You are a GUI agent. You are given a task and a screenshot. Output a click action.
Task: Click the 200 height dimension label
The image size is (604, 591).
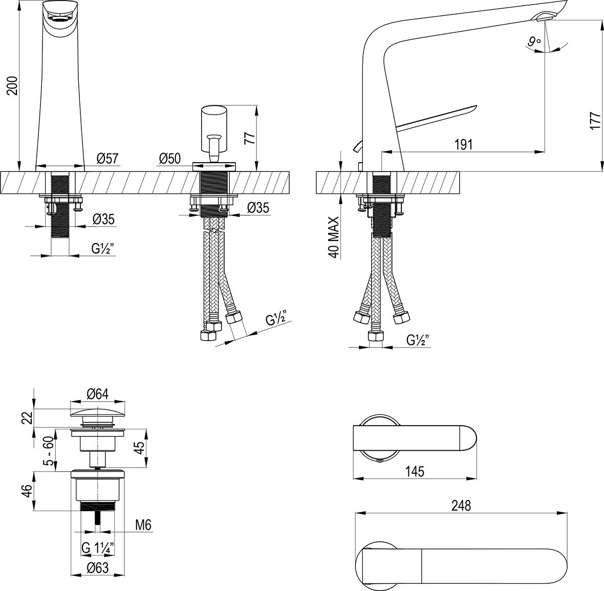pyautogui.click(x=12, y=85)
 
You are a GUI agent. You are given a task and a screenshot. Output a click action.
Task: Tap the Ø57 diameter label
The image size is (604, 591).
pyautogui.click(x=107, y=159)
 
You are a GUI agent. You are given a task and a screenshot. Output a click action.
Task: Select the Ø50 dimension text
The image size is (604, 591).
pyautogui.click(x=169, y=159)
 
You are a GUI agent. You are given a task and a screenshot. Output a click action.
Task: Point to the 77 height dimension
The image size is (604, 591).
pyautogui.click(x=250, y=138)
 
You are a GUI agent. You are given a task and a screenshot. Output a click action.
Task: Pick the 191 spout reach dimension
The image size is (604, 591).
pyautogui.click(x=463, y=144)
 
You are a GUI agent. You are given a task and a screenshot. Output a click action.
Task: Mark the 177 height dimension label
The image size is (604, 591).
pyautogui.click(x=595, y=121)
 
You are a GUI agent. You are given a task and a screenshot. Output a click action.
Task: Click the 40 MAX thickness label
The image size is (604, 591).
pyautogui.click(x=333, y=237)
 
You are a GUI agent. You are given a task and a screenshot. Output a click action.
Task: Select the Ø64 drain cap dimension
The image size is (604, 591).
pyautogui.click(x=98, y=394)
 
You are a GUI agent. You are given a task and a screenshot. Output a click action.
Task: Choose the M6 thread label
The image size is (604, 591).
pyautogui.click(x=143, y=524)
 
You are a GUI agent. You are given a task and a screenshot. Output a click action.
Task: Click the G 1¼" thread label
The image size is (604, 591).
pyautogui.click(x=98, y=548)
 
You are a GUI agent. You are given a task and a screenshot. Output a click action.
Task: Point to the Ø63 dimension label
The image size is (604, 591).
pyautogui.click(x=97, y=567)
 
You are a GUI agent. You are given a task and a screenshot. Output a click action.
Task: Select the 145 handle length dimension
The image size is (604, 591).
pyautogui.click(x=415, y=471)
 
